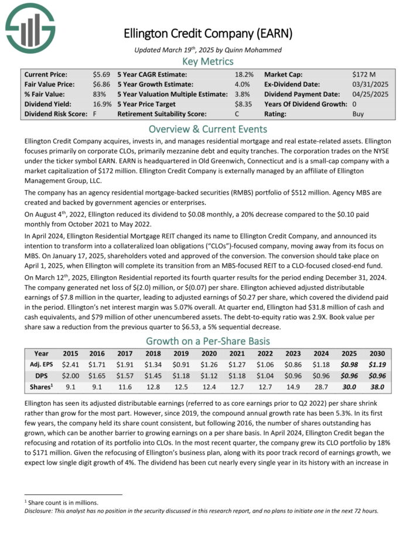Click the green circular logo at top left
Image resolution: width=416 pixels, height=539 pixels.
(x=30, y=27)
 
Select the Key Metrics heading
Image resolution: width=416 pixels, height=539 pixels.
(x=208, y=61)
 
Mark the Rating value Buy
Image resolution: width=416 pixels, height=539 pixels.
(x=359, y=114)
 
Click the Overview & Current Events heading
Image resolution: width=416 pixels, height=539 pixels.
(x=208, y=128)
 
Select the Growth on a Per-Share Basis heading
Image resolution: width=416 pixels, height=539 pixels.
(x=208, y=341)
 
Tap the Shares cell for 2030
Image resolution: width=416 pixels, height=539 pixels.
(x=378, y=387)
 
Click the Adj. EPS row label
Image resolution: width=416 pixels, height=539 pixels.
(x=40, y=364)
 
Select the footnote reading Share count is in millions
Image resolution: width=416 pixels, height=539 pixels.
(x=61, y=502)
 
